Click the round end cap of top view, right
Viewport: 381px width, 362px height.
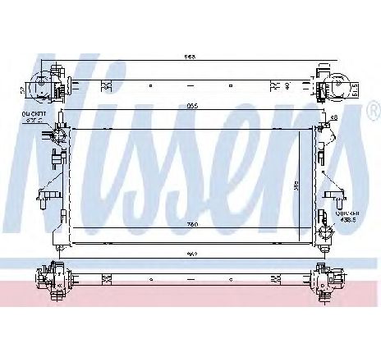tap(337, 85)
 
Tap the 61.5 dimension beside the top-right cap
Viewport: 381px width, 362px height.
tap(354, 87)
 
